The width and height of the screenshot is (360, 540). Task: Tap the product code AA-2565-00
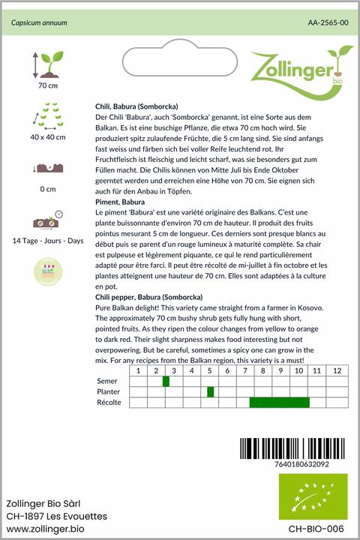click(x=328, y=23)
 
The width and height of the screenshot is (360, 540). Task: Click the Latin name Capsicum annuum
click(x=39, y=23)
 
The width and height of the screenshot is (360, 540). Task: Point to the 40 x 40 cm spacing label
click(x=48, y=137)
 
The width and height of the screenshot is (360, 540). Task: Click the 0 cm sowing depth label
click(x=48, y=188)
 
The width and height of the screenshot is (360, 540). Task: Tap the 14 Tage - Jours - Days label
click(x=48, y=240)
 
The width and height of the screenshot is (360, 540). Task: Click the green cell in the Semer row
click(x=166, y=382)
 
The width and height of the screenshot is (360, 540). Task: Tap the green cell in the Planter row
click(x=211, y=391)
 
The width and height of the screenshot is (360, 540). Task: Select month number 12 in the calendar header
click(x=337, y=371)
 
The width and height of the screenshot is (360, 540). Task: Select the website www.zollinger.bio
click(x=45, y=529)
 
